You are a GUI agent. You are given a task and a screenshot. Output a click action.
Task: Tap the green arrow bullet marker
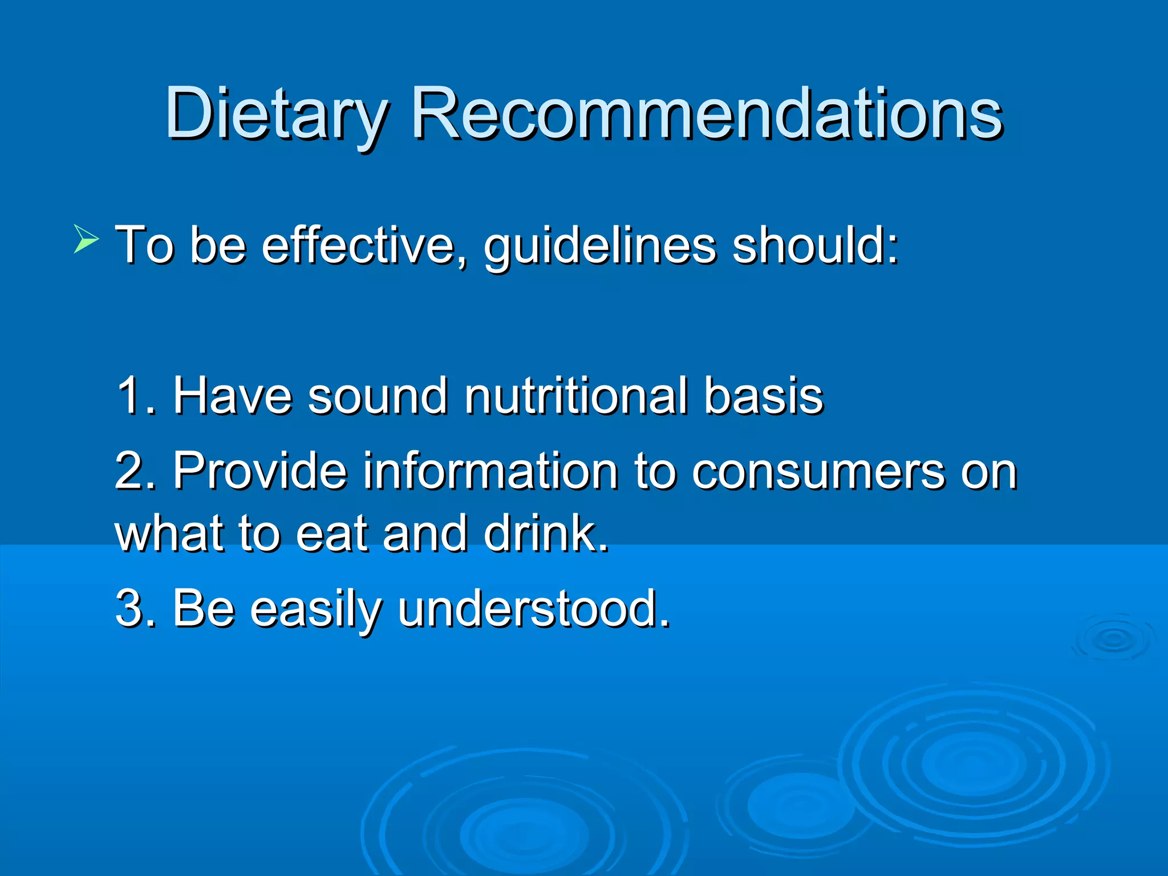point(86,239)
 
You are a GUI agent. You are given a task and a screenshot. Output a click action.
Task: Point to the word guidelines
point(599,246)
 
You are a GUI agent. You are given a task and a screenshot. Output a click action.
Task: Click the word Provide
point(260,471)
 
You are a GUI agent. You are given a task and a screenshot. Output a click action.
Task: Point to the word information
point(490,471)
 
